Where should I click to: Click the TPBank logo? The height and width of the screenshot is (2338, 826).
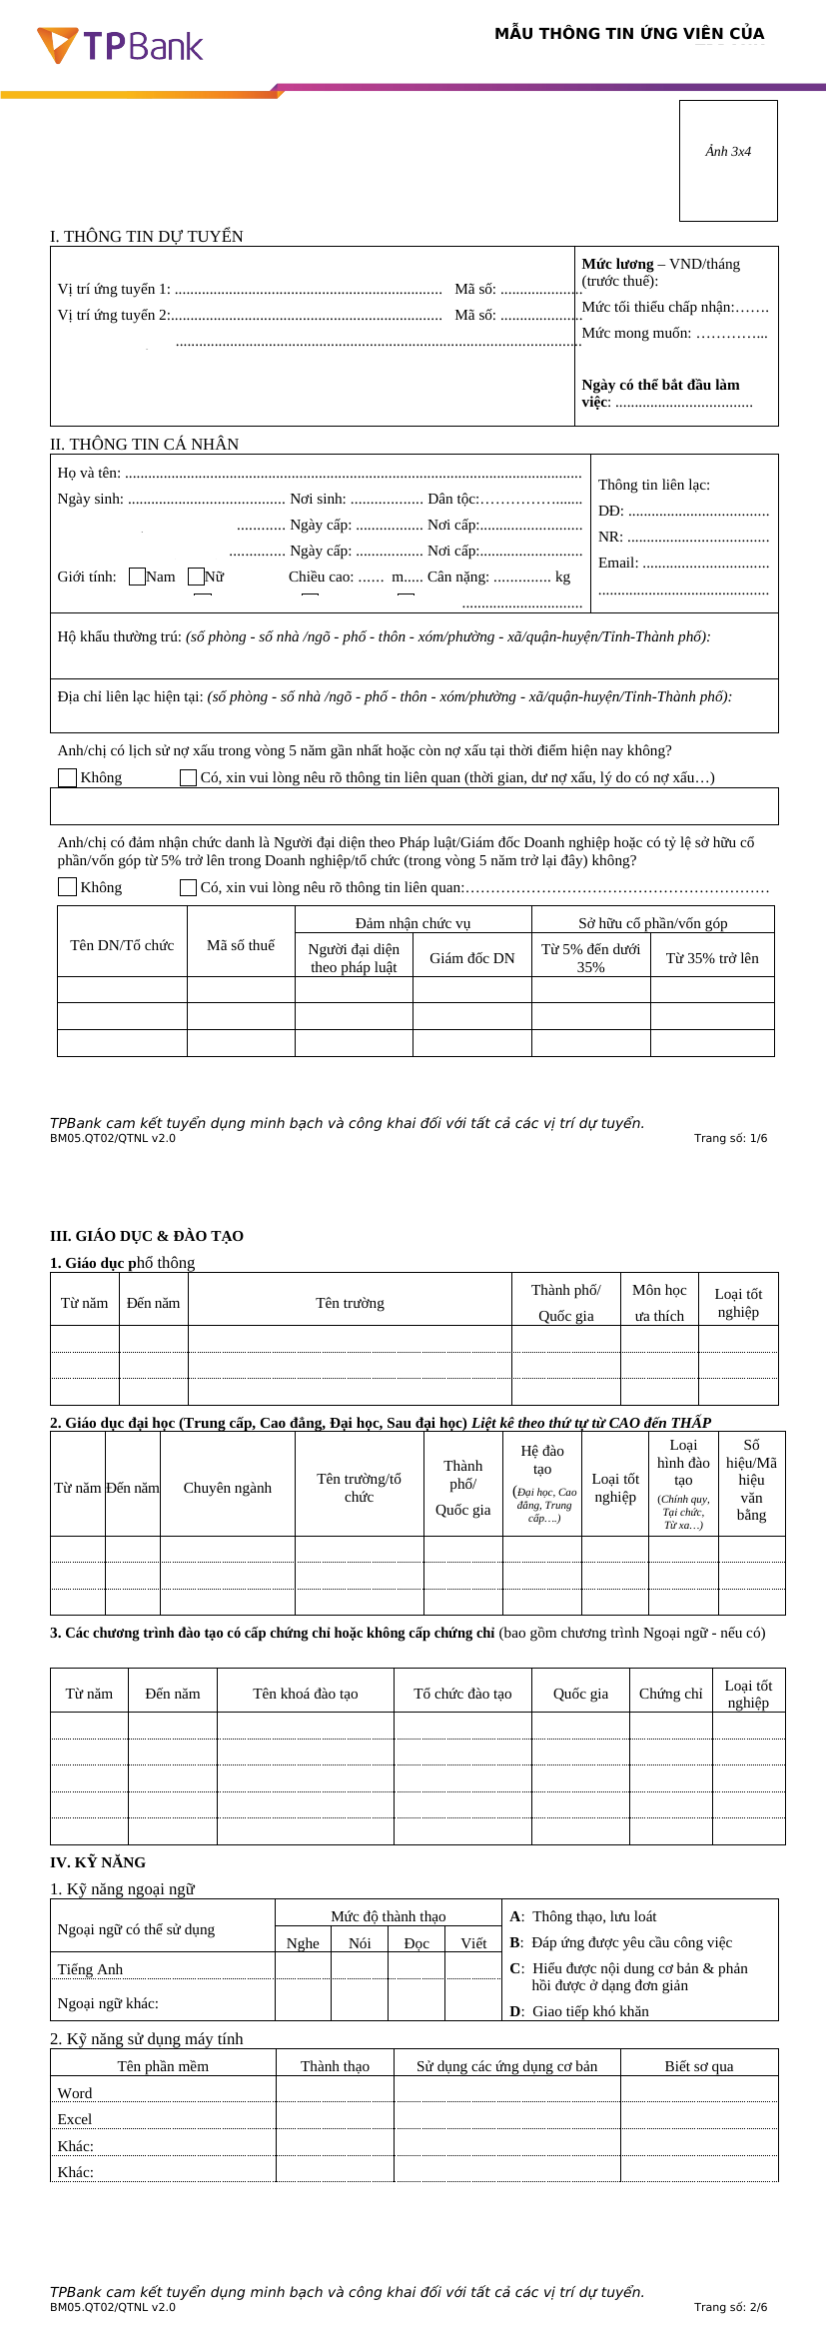point(120,46)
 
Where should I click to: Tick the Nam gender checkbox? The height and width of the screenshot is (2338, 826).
point(138,577)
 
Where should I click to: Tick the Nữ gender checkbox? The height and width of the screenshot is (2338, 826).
point(197,577)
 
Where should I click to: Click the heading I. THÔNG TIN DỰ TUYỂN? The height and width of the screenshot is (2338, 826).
point(147,237)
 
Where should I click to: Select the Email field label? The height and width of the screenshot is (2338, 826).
point(618,563)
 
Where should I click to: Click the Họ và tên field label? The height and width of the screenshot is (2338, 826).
point(89,473)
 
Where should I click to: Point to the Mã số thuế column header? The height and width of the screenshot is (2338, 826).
point(241,945)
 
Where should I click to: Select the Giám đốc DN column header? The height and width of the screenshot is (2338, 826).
point(472,958)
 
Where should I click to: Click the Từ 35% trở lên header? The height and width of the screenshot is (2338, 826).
point(712,958)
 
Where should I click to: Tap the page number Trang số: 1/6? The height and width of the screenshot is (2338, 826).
point(730,1138)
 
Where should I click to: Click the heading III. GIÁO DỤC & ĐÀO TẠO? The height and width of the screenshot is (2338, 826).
point(147,1236)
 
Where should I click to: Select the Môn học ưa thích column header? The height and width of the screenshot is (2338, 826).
point(659,1303)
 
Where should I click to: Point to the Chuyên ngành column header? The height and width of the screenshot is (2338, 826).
point(228,1488)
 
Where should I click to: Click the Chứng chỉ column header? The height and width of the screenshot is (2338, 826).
point(671,1694)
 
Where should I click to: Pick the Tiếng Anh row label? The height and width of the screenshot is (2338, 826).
point(90,1969)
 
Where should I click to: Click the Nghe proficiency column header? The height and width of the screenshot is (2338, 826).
point(303,1943)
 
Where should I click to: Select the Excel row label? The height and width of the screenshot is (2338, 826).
point(75,2119)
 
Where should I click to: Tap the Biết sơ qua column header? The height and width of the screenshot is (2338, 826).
point(699,2066)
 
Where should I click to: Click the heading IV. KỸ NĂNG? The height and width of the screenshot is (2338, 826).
point(98,1862)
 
